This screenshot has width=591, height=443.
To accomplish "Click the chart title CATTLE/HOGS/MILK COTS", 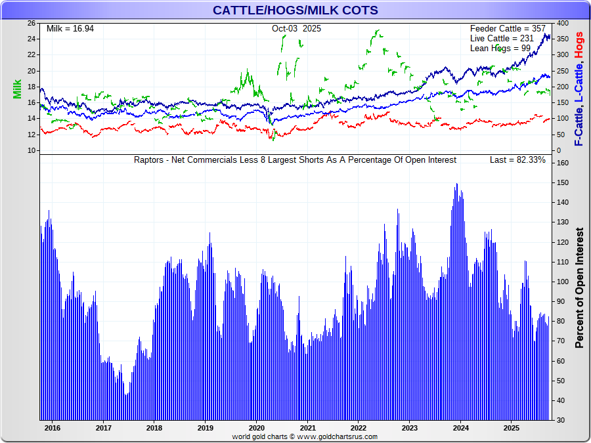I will click(295, 10).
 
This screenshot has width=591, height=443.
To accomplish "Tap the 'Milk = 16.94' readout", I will click(70, 29).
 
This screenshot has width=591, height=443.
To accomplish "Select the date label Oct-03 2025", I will click(296, 29).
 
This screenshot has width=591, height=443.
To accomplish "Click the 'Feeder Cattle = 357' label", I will click(508, 29).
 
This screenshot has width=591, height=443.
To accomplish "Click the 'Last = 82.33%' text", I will click(517, 160).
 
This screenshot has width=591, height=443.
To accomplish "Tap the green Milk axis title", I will click(17, 89).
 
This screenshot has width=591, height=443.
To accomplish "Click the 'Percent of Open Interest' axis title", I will click(579, 288).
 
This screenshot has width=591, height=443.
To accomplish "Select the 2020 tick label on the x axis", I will click(256, 428).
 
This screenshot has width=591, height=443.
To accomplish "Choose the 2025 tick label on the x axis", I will click(512, 428).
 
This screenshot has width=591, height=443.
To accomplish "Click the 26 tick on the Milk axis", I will click(31, 23).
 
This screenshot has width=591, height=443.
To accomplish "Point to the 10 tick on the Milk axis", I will click(31, 150).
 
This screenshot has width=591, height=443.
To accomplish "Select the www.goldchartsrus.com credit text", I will click(337, 437).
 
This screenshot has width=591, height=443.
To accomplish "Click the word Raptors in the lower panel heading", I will click(149, 160).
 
